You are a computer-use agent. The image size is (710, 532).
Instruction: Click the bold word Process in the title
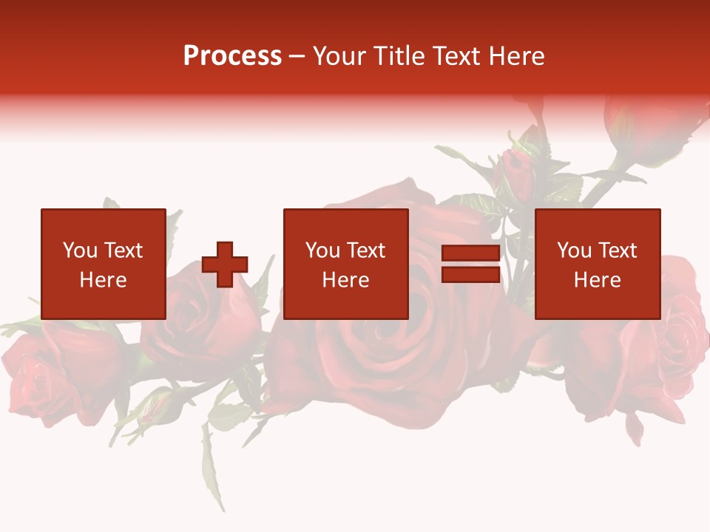[x=232, y=56]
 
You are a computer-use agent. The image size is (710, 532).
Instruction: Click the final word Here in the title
[x=517, y=56]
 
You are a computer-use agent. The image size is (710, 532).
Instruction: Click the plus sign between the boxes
[x=225, y=265]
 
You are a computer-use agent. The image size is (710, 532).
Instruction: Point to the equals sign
[x=471, y=265]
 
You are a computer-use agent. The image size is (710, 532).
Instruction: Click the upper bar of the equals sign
[x=471, y=253]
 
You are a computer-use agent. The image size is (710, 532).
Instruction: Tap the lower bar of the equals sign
[x=471, y=275]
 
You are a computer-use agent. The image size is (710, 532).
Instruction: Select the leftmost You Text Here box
[x=103, y=264]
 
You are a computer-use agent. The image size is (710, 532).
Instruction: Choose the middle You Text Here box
[x=345, y=264]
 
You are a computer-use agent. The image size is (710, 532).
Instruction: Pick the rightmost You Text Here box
[x=597, y=264]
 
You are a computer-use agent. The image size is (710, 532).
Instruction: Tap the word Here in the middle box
[x=345, y=280]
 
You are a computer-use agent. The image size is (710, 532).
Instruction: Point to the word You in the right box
[x=574, y=250]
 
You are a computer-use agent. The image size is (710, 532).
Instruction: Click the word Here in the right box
[x=597, y=280]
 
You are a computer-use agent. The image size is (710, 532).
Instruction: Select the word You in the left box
[x=80, y=250]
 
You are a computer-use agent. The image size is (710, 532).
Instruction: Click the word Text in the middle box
[x=365, y=250]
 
